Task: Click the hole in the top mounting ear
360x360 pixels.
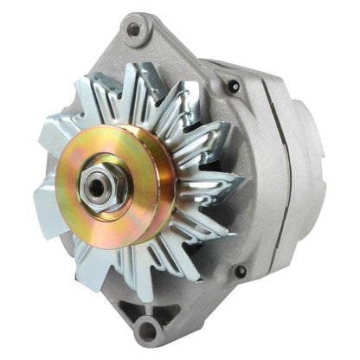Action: tap(133, 29)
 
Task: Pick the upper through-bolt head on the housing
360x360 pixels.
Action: tap(232, 87)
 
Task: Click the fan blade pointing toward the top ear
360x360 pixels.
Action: tap(138, 87)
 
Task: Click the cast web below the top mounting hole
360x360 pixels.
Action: tap(151, 56)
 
